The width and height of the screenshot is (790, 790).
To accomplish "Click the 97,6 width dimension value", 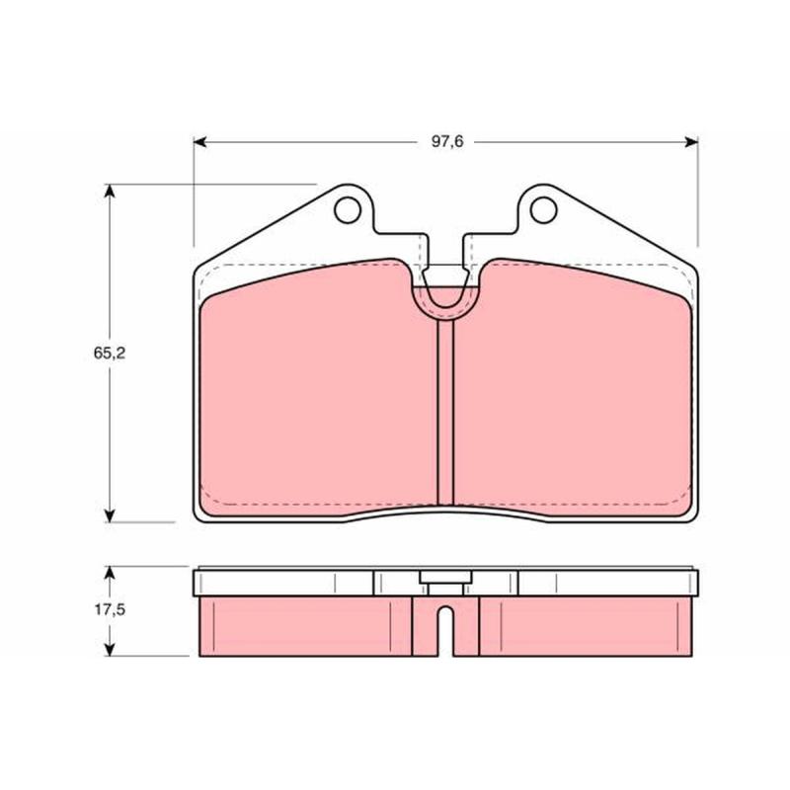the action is tap(447, 142).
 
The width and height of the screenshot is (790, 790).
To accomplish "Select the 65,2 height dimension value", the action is tap(110, 354).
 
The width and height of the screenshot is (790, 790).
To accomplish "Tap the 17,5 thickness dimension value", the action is tap(110, 609).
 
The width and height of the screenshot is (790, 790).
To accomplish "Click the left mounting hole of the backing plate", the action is tap(348, 209).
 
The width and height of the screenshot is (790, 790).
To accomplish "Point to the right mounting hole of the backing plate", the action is tap(544, 209).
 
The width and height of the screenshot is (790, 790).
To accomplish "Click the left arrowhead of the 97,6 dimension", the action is tap(200, 142).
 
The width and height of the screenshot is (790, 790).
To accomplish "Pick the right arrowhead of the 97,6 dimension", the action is tap(692, 142).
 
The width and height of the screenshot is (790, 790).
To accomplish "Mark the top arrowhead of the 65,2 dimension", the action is tap(110, 191).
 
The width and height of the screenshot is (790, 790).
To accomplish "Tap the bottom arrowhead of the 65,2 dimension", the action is tap(110, 515).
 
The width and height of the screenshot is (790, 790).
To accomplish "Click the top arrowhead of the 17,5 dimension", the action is tap(110, 573).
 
